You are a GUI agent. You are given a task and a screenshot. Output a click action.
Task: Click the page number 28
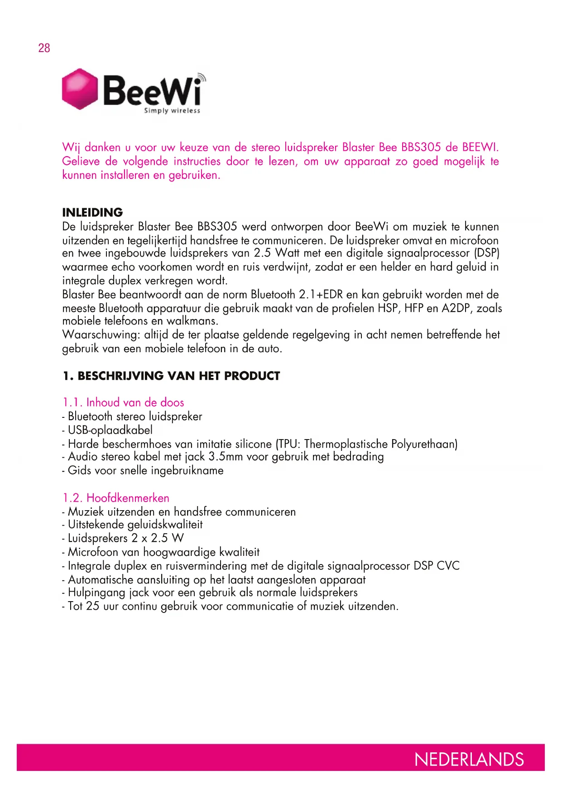(44, 48)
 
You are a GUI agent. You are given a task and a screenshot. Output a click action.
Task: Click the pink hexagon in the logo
(80, 89)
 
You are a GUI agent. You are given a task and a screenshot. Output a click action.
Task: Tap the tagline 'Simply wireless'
(172, 110)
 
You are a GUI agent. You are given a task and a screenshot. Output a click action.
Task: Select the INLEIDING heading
(92, 212)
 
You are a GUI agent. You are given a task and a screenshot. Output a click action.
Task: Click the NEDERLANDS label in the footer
(469, 760)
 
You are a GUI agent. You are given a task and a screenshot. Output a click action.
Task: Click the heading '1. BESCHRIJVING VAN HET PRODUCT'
(171, 376)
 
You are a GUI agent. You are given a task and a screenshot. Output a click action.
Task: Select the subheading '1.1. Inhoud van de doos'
(123, 402)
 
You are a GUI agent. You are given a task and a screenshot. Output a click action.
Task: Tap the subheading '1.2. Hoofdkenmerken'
(116, 498)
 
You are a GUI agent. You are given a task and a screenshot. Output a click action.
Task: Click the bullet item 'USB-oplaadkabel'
(110, 430)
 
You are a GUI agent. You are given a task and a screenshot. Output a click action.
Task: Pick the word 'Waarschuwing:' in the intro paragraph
(101, 335)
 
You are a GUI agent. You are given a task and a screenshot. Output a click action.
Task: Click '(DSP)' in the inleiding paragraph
(486, 253)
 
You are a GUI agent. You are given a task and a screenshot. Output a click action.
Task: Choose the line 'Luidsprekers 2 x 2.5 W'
(125, 538)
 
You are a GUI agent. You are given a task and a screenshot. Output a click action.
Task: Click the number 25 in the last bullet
(92, 606)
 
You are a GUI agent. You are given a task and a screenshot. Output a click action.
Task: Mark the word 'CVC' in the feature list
(448, 566)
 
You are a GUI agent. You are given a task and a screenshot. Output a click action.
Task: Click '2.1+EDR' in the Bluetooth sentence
(321, 295)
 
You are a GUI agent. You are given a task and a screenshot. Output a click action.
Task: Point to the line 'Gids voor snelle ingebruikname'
(145, 470)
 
